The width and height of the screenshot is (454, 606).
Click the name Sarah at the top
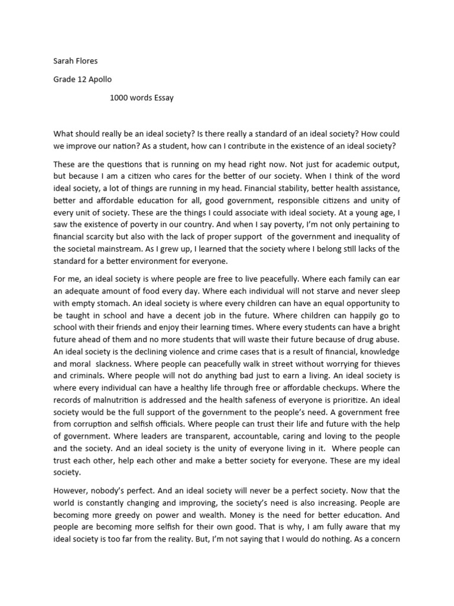pos(64,60)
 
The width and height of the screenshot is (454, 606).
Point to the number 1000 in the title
pos(119,98)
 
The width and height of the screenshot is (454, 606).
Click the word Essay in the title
pos(163,98)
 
